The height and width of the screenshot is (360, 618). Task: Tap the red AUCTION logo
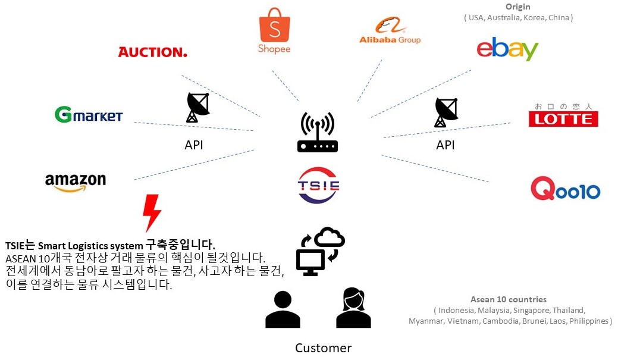pyautogui.click(x=152, y=52)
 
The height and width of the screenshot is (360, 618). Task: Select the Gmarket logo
pyautogui.click(x=89, y=114)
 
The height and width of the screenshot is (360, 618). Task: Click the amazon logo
pyautogui.click(x=76, y=181)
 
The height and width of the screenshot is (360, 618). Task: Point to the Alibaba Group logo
pyautogui.click(x=390, y=32)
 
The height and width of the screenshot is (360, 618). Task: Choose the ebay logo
pyautogui.click(x=507, y=49)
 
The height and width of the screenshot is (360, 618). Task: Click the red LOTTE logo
pyautogui.click(x=563, y=117)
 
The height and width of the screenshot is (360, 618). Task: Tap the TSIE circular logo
pyautogui.click(x=318, y=185)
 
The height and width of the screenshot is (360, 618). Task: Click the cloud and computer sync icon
pyautogui.click(x=319, y=251)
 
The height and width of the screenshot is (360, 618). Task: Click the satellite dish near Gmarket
pyautogui.click(x=197, y=107)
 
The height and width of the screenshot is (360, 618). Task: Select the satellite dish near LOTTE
pyautogui.click(x=446, y=112)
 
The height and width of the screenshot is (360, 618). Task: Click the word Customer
pyautogui.click(x=323, y=348)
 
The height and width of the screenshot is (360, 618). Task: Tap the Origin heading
pyautogui.click(x=518, y=7)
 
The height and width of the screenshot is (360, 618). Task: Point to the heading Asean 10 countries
pyautogui.click(x=509, y=299)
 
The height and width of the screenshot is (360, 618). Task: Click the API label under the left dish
pyautogui.click(x=194, y=145)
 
